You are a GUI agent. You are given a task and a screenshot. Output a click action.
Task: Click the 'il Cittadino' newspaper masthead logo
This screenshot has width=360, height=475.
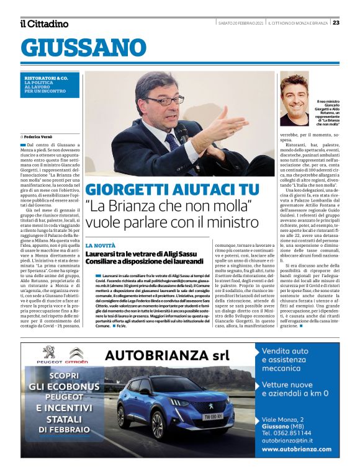44,24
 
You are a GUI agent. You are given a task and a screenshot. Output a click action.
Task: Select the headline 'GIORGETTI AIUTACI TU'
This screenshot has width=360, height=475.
172,190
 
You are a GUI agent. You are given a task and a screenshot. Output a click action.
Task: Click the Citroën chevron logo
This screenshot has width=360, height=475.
76,353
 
